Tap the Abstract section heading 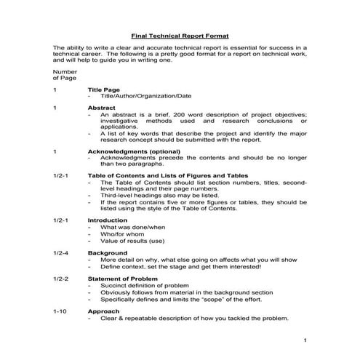pyautogui.click(x=103, y=107)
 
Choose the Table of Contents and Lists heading pyautogui.click(x=167, y=175)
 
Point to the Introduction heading pyautogui.click(x=107, y=220)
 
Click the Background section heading pyautogui.click(x=107, y=252)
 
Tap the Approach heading pyautogui.click(x=104, y=311)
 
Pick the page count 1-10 pyautogui.click(x=60, y=311)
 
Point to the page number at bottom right pyautogui.click(x=306, y=340)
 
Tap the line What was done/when pyautogui.click(x=131, y=227)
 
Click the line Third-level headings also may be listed pyautogui.click(x=154, y=195)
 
